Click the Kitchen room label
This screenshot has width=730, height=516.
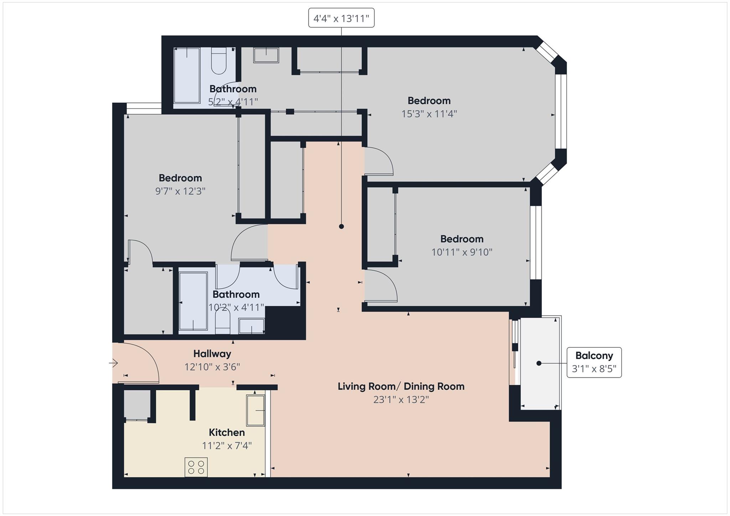click(227, 432)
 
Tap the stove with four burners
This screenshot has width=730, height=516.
click(196, 467)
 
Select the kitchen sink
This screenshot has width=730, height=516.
click(256, 411)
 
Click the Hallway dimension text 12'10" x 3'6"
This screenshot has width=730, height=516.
click(212, 367)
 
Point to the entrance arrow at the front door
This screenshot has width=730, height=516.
click(113, 363)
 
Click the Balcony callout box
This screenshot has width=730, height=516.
click(594, 362)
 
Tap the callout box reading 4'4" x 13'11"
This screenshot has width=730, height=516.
click(341, 18)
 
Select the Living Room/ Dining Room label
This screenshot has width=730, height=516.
click(401, 386)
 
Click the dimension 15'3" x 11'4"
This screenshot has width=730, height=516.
click(429, 114)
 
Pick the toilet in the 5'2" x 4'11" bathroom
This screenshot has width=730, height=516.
click(219, 61)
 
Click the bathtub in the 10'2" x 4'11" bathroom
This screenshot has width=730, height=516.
click(193, 301)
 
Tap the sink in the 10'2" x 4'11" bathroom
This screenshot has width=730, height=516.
click(251, 326)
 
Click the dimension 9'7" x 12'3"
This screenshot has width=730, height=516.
click(180, 191)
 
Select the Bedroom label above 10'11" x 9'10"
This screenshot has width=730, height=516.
click(462, 239)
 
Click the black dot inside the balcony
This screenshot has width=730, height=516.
click(539, 363)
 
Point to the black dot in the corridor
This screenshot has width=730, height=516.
click(341, 226)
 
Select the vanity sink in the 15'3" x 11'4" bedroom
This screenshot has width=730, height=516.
click(266, 55)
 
